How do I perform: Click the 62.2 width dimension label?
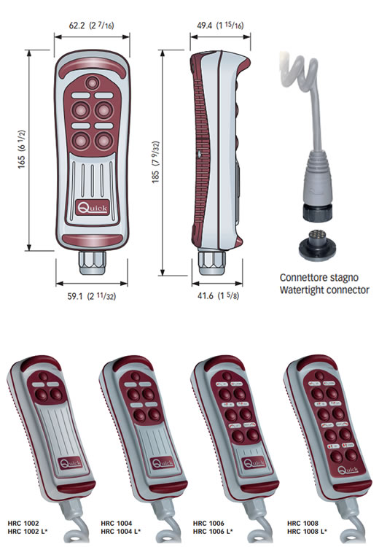[91, 26]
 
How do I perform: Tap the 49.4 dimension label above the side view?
[220, 26]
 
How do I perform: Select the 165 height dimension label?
[22, 150]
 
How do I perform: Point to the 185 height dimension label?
[155, 162]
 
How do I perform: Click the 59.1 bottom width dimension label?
[92, 296]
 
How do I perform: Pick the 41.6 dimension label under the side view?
[218, 296]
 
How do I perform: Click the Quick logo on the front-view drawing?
[93, 208]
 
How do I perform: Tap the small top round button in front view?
[93, 83]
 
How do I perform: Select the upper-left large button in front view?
[81, 110]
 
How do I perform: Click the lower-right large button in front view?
[104, 141]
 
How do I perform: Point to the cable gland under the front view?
[93, 263]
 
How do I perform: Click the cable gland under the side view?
[211, 262]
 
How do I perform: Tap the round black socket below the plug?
[317, 244]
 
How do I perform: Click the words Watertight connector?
[324, 290]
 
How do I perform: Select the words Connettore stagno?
[319, 278]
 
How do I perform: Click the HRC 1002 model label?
[23, 523]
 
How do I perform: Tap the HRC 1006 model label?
[208, 523]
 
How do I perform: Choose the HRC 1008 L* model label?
[307, 532]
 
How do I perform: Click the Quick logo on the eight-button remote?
[348, 470]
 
